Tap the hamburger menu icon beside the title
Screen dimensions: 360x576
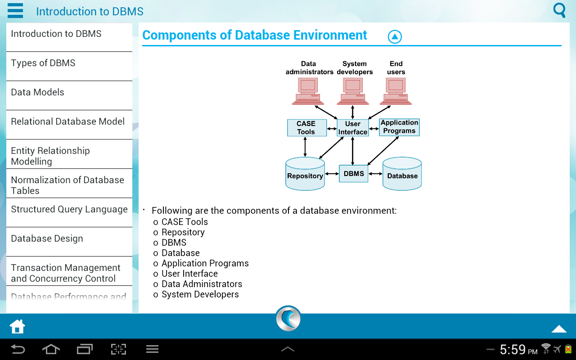pyautogui.click(x=15, y=10)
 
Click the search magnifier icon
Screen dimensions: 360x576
pyautogui.click(x=559, y=10)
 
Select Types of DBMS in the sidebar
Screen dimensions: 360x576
pyautogui.click(x=43, y=63)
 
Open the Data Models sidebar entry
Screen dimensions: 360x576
pyautogui.click(x=38, y=93)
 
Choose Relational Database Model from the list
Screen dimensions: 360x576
pyautogui.click(x=68, y=122)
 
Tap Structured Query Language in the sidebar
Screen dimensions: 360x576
pyautogui.click(x=69, y=210)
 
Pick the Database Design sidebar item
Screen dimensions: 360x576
pyautogui.click(x=47, y=239)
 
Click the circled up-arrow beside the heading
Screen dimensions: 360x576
pyautogui.click(x=395, y=37)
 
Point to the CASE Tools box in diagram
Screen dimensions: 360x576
pyautogui.click(x=306, y=128)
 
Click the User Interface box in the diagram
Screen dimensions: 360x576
pyautogui.click(x=353, y=128)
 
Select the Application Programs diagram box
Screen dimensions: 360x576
pyautogui.click(x=399, y=127)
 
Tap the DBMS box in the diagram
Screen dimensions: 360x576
pyautogui.click(x=354, y=174)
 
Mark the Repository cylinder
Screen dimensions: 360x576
pyautogui.click(x=305, y=174)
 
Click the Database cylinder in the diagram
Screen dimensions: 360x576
pyautogui.click(x=402, y=174)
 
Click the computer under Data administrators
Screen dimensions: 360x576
pyautogui.click(x=308, y=90)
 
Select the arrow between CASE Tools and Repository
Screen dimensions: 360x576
pyautogui.click(x=306, y=147)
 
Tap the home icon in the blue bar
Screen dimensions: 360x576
pyautogui.click(x=18, y=327)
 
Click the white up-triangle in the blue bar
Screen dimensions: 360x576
pyautogui.click(x=559, y=329)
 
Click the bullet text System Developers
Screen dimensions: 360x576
pyautogui.click(x=200, y=295)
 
